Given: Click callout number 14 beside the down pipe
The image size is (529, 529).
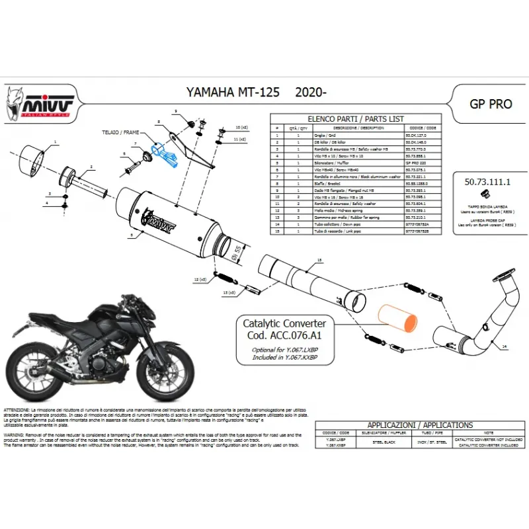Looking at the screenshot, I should tap(503, 346).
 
